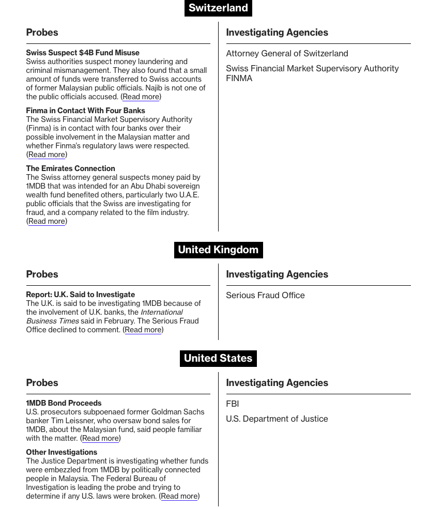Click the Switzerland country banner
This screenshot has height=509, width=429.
point(218,8)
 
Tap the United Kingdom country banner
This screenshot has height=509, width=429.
point(218,250)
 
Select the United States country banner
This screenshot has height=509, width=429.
point(218,358)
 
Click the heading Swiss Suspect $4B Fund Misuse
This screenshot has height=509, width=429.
point(83,53)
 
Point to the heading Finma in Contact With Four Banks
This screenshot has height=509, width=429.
point(85,111)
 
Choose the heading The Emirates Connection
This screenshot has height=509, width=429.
point(70,168)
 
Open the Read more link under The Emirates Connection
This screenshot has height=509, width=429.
point(47,221)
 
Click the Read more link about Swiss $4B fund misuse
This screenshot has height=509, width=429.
point(141,97)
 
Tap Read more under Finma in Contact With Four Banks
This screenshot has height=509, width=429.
point(47,155)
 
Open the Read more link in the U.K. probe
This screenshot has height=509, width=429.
point(143,330)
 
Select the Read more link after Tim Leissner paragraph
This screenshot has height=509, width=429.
point(100,438)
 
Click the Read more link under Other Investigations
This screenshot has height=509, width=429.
point(179,496)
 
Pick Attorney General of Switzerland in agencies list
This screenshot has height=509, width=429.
point(287,53)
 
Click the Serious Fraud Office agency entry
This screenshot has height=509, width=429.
point(265,295)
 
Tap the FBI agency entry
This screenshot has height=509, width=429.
point(232,404)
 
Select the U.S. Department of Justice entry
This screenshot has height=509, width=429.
point(277,419)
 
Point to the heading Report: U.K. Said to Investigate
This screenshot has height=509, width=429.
point(80,295)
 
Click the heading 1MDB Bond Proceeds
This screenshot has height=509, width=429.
point(64,403)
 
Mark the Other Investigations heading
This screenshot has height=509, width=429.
point(62,452)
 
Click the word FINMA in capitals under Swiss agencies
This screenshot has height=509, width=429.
point(239,78)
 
